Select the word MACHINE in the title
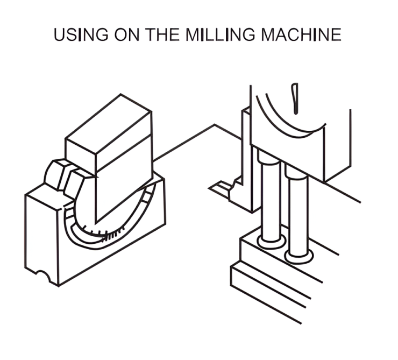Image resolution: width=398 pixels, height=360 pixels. point(301,34)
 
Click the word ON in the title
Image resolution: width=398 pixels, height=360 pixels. point(126,34)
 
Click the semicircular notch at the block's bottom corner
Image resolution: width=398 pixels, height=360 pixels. point(43,275)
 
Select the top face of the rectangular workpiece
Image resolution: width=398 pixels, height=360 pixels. point(109,124)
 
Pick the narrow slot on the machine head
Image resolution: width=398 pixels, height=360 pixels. point(295,98)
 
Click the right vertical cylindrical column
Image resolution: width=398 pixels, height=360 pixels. point(298,216)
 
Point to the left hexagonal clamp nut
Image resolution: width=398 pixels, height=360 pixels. point(56,174)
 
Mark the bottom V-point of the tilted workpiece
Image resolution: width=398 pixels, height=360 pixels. point(96,224)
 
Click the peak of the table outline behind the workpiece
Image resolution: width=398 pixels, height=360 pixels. point(214,124)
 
